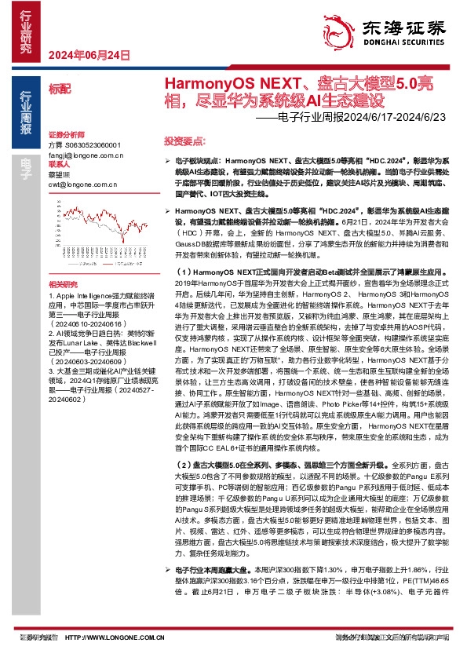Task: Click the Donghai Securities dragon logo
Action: pyautogui.click(x=340, y=31)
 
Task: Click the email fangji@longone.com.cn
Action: pyautogui.click(x=86, y=155)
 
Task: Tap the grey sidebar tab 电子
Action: pyautogui.click(x=26, y=163)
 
